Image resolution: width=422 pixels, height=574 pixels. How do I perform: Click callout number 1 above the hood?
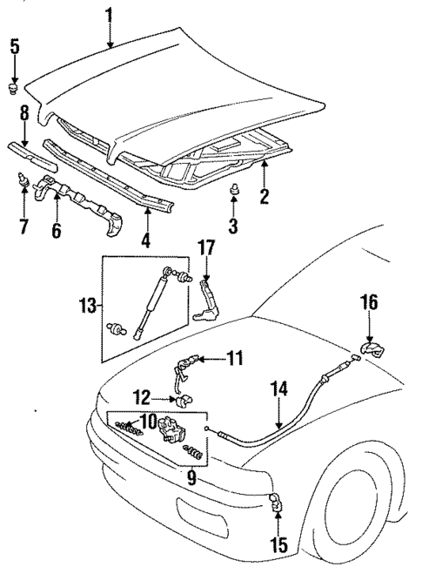pyautogui.click(x=109, y=14)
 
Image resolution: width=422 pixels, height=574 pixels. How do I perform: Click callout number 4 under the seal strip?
pyautogui.click(x=145, y=241)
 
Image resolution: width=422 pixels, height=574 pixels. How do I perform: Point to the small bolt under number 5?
pyautogui.click(x=14, y=87)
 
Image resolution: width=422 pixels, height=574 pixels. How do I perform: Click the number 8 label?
pyautogui.click(x=23, y=114)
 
